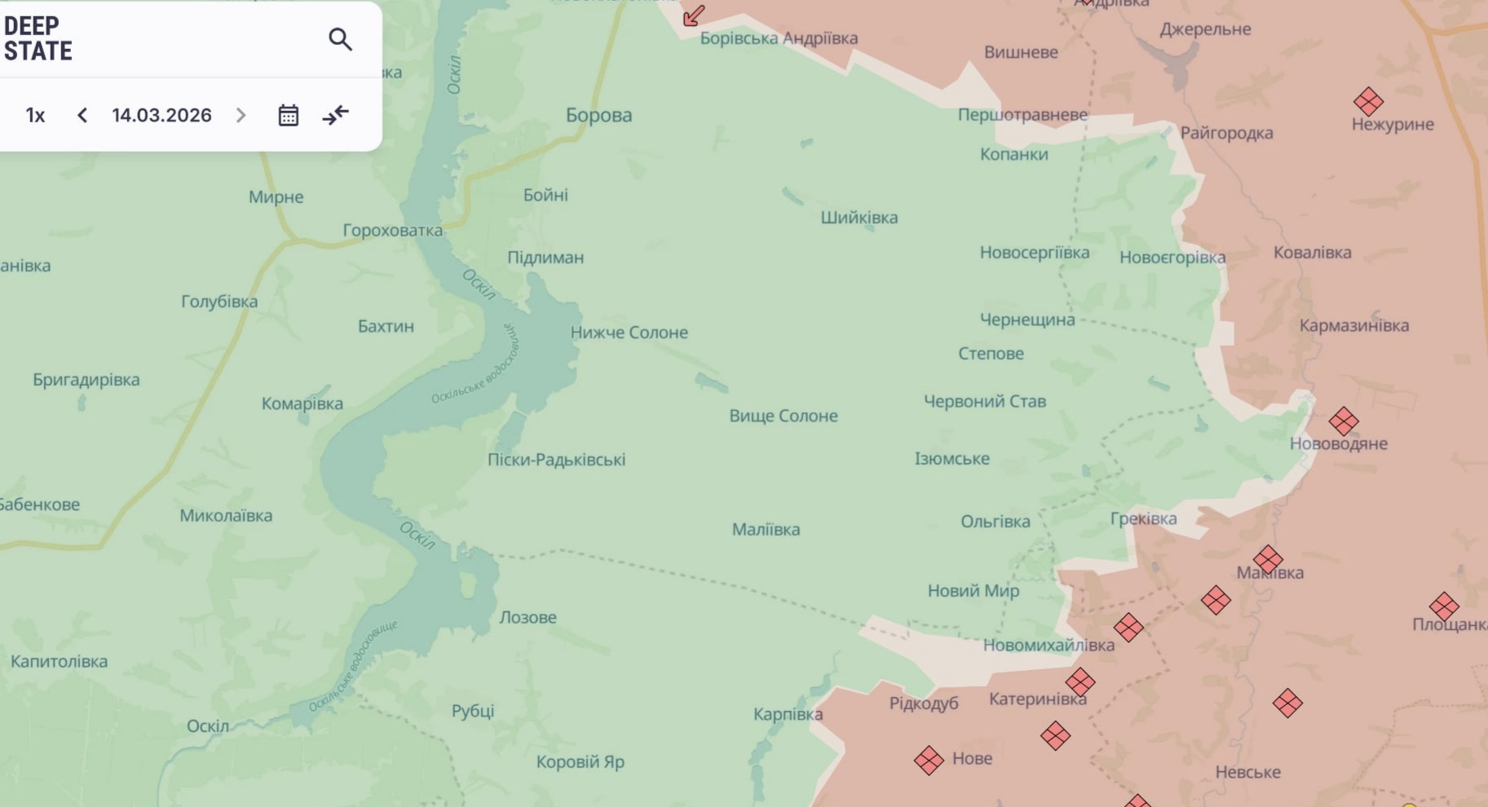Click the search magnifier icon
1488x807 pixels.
340,39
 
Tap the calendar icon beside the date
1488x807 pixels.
288,115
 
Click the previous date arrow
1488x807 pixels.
82,115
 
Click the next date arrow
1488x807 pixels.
241,115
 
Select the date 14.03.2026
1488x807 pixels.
161,115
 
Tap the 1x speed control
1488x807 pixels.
35,115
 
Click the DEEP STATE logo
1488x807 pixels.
38,38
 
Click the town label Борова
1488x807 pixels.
598,115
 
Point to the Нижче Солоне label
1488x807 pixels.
629,333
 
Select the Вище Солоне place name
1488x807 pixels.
783,416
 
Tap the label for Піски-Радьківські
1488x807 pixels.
556,460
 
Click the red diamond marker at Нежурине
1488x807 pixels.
1368,102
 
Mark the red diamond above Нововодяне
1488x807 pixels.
1344,421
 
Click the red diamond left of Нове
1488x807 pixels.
929,761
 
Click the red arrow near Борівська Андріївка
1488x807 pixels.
694,15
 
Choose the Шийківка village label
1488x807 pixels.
859,218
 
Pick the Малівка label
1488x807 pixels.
766,530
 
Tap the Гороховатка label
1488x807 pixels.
392,231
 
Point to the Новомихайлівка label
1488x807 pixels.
1048,646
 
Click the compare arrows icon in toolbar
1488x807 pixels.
335,115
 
